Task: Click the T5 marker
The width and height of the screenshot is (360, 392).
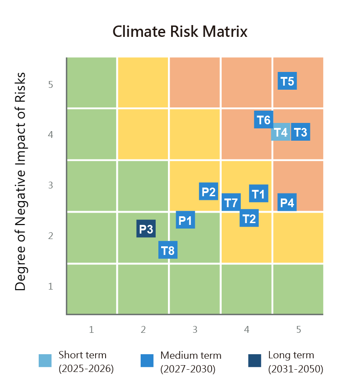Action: [287, 81]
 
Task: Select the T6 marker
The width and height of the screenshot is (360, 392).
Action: [264, 120]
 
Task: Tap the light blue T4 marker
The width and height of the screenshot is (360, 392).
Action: [281, 132]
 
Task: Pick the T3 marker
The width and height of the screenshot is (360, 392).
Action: [300, 132]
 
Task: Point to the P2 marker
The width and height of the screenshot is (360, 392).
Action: [208, 192]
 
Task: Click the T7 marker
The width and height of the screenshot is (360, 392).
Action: [231, 202]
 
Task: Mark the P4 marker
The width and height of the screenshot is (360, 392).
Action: [287, 203]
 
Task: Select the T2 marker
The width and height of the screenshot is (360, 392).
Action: [249, 219]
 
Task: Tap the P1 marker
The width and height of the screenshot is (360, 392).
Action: [185, 220]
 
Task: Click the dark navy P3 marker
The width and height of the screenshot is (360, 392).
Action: [146, 229]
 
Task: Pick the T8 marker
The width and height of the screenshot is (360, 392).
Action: [168, 250]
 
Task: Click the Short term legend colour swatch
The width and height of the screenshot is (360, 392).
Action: [45, 361]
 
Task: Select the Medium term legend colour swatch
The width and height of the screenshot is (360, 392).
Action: [147, 361]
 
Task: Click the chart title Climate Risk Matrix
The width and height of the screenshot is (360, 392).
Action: [180, 32]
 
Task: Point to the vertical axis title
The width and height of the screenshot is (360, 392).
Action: [20, 181]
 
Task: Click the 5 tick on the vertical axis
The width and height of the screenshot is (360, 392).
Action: [51, 84]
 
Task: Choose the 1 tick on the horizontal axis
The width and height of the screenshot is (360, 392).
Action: [91, 329]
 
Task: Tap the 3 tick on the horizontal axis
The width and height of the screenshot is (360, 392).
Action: [195, 329]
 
